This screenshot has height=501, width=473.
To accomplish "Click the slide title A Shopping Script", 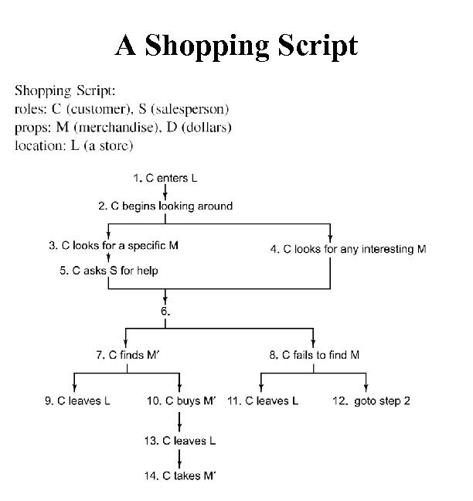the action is tap(236, 45).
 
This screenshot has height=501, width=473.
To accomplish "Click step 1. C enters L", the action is tap(165, 178).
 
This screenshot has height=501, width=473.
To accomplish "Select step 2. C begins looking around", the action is tap(165, 206).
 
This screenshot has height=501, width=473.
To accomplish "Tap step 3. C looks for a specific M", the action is tap(114, 246).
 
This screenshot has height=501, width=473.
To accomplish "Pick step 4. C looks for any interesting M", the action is tap(349, 249).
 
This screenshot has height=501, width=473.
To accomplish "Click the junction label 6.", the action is tap(165, 311).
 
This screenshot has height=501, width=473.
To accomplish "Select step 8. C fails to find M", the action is tap(314, 355).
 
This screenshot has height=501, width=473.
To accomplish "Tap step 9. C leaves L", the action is tap(77, 400).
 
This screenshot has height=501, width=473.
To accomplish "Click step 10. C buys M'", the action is tap(181, 400).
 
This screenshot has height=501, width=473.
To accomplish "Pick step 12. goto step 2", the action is tap(366, 400).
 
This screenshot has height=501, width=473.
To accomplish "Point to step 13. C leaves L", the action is tap(180, 441).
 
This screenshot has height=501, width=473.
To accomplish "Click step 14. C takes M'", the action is tap(180, 475).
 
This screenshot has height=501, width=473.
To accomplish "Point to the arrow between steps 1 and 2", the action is tap(165, 192).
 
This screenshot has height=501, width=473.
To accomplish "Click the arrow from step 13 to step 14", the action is tap(180, 458).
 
